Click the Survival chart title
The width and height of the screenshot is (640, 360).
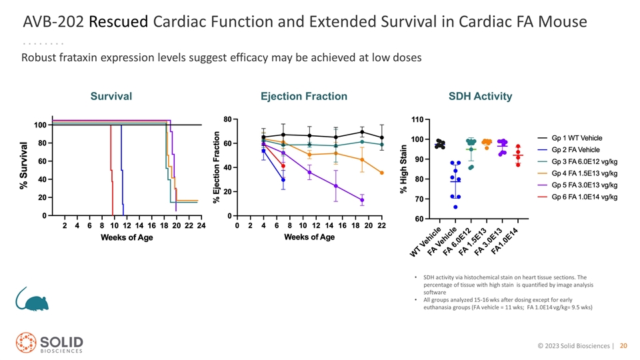(111, 96)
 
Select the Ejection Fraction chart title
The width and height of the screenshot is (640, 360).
(304, 96)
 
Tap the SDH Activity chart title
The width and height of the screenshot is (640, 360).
(481, 96)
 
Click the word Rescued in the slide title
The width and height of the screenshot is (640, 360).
(119, 21)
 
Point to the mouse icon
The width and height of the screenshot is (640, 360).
(32, 299)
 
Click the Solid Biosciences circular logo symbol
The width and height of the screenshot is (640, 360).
(26, 342)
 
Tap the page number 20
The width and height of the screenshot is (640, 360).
(623, 346)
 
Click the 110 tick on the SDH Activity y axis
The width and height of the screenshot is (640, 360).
(417, 119)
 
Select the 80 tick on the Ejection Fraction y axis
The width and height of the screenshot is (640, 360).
(227, 119)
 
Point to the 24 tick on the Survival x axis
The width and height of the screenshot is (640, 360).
(201, 225)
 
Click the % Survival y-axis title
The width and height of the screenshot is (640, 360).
(24, 166)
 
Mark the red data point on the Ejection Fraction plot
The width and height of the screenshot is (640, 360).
(283, 166)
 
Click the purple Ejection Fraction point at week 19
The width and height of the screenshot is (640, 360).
(362, 200)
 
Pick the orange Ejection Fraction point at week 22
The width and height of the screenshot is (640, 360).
(381, 173)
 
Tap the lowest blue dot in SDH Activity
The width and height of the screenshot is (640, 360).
(455, 207)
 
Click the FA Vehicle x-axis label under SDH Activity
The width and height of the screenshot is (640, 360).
(442, 241)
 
